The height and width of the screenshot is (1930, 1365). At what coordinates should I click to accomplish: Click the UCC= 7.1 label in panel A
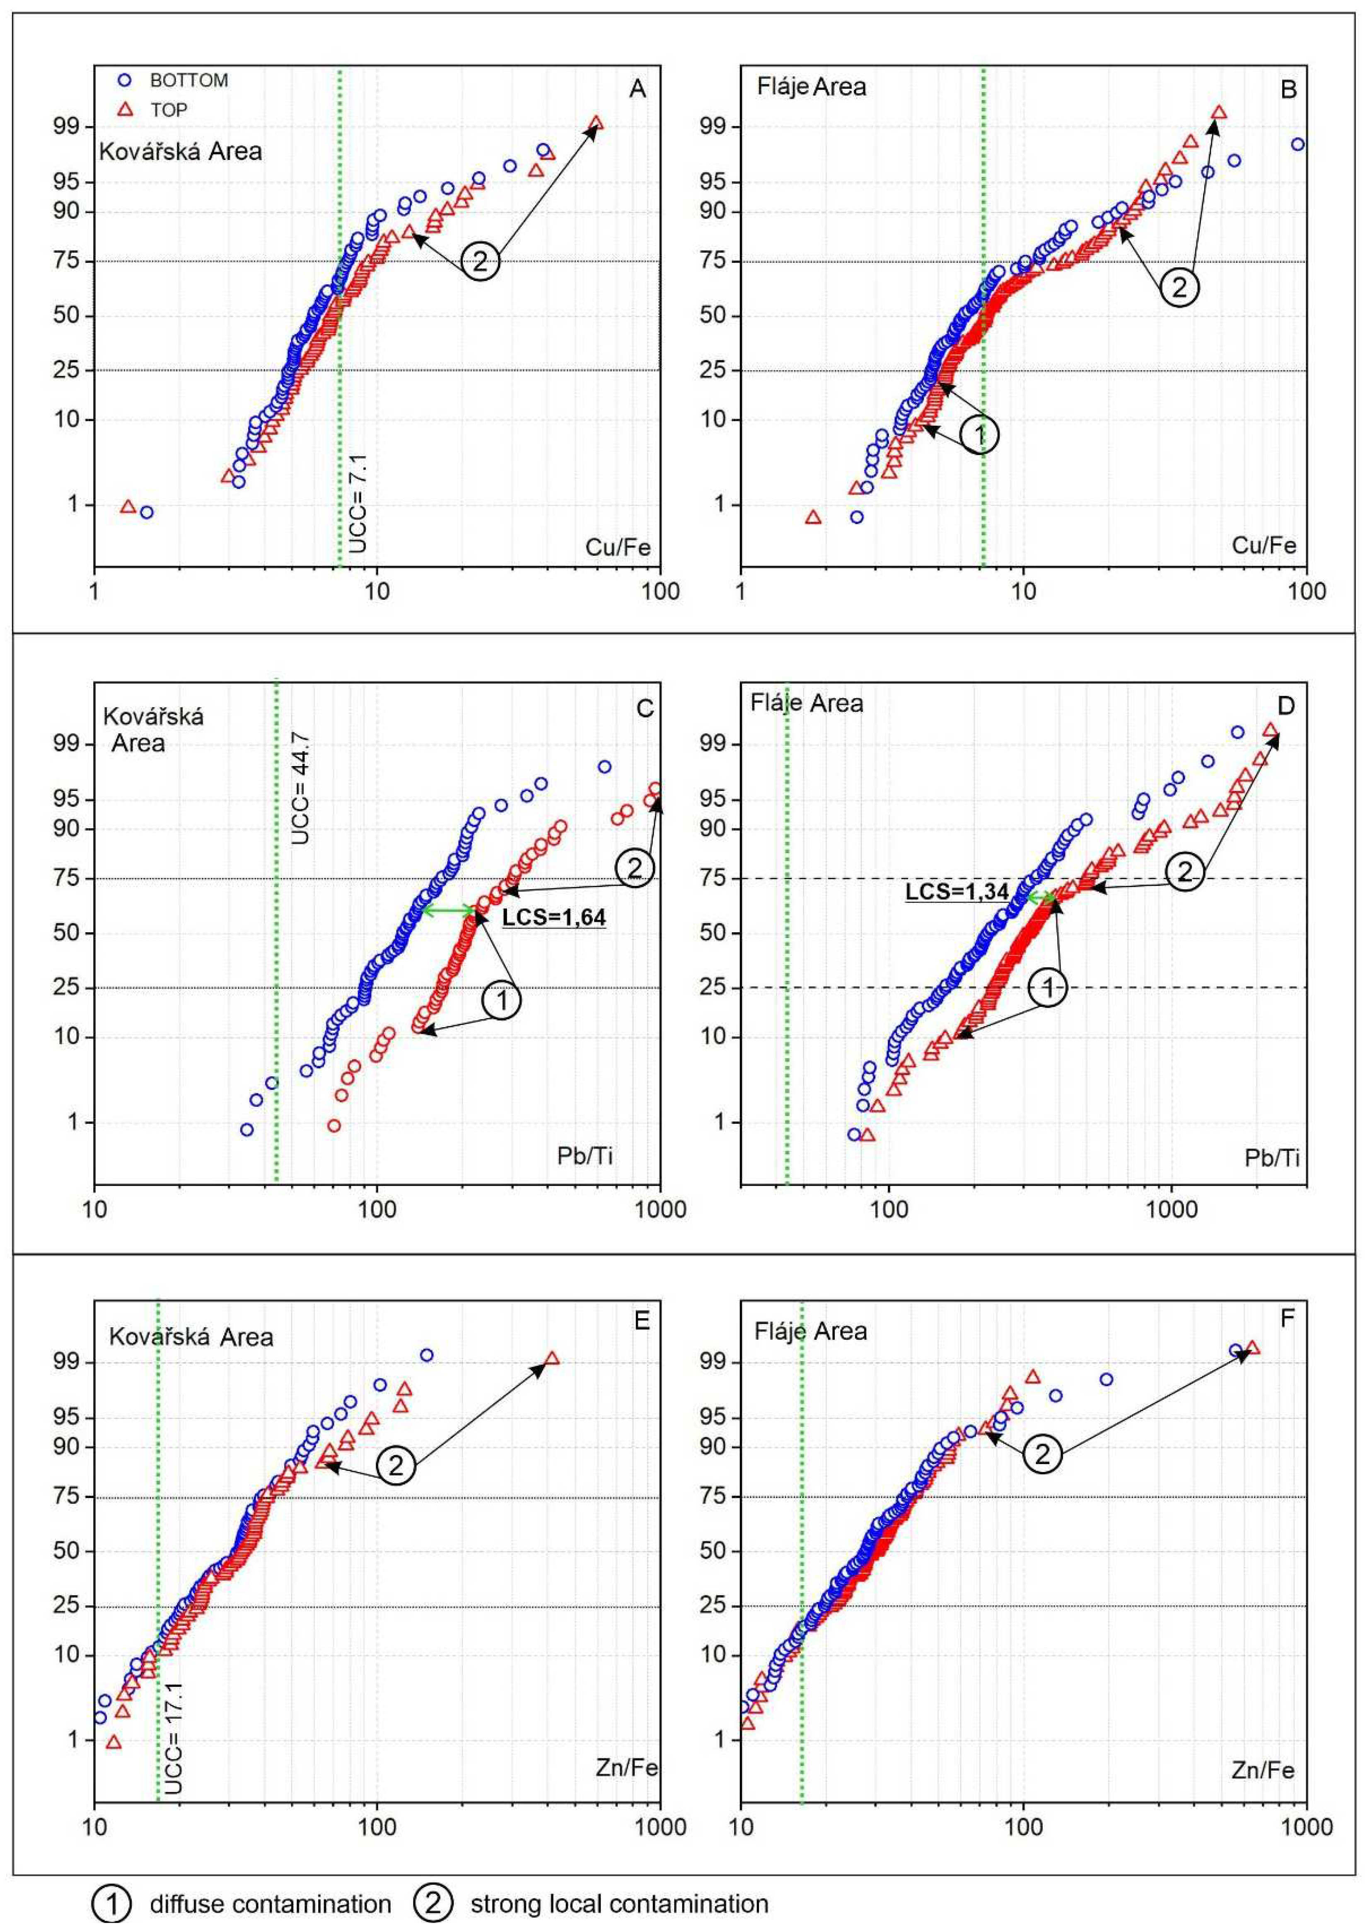358,503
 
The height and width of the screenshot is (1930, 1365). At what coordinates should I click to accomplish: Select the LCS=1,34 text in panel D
957,891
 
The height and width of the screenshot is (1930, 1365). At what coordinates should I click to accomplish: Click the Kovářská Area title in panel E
191,1337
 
